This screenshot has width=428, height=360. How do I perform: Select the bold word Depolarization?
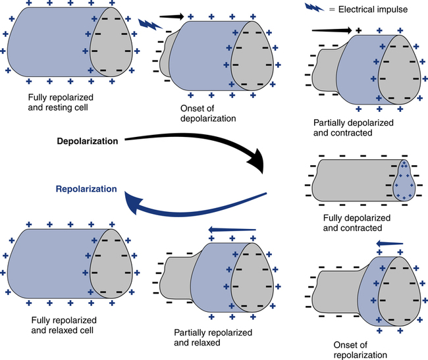point(88,141)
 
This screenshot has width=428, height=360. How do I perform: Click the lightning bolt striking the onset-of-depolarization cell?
point(151,26)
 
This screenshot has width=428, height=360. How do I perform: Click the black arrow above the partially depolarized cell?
point(333,30)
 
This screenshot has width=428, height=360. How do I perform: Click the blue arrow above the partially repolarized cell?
point(231,229)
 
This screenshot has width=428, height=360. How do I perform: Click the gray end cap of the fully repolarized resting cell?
point(111,44)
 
